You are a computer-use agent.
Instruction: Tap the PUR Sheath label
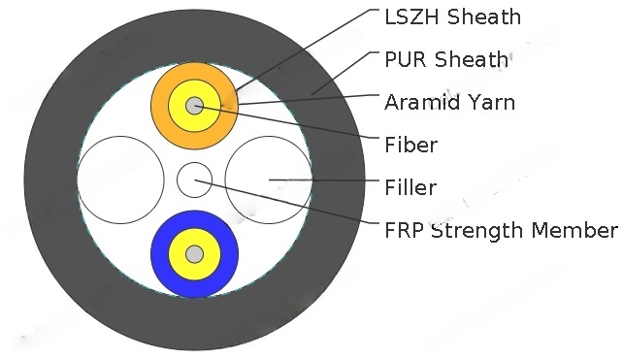(x=446, y=59)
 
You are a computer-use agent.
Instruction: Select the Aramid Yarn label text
(x=450, y=101)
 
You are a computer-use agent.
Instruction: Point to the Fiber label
(x=410, y=145)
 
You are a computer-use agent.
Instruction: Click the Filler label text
(x=410, y=187)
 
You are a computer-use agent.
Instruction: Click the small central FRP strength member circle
(x=194, y=180)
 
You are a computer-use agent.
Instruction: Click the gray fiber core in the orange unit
(x=195, y=106)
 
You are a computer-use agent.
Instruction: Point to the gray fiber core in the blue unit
(x=195, y=254)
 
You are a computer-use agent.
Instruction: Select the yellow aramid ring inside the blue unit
(x=180, y=254)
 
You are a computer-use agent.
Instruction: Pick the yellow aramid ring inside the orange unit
(x=180, y=106)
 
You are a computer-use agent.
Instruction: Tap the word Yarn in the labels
(x=494, y=101)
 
